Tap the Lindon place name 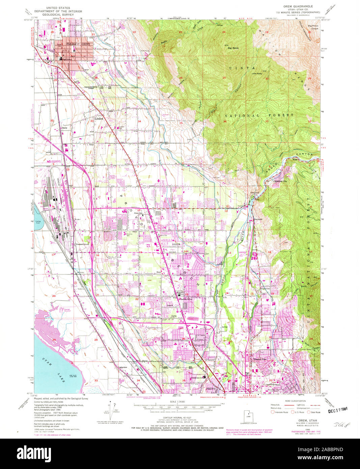(99, 119)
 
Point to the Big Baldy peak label (233, 48)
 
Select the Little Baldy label (257, 73)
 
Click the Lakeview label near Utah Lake (122, 367)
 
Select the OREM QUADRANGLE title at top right (298, 6)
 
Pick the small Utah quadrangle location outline (249, 416)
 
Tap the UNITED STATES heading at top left (58, 7)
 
